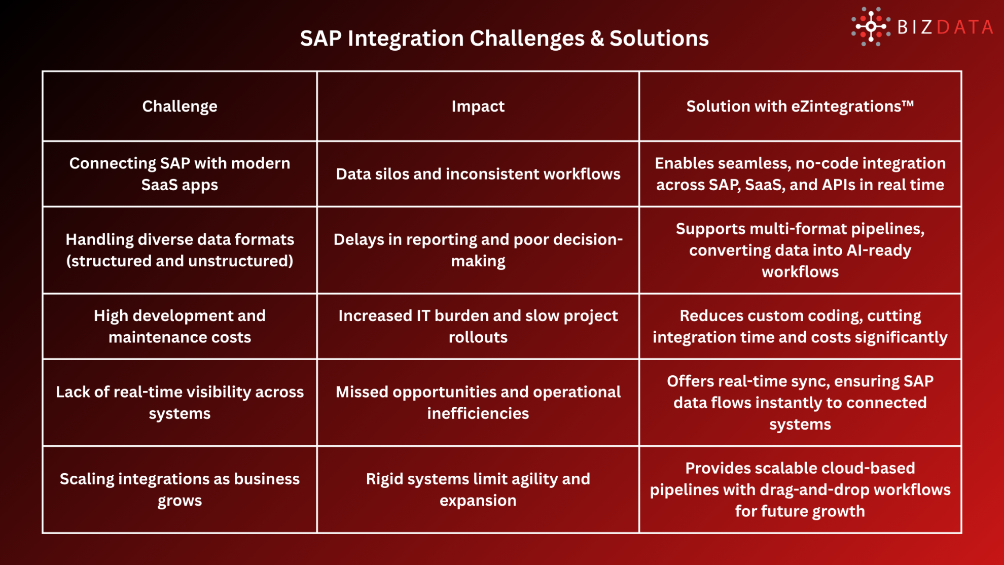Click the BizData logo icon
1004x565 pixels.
(871, 26)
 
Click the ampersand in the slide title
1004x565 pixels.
(597, 39)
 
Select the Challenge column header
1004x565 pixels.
(180, 106)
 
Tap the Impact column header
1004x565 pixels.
(478, 106)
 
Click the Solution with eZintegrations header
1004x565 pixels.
(800, 106)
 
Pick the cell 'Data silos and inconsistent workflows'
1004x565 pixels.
(478, 174)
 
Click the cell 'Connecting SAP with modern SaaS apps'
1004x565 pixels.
(180, 174)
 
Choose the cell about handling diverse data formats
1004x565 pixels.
(180, 250)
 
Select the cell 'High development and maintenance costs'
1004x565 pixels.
(180, 326)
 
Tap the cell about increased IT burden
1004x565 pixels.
(478, 326)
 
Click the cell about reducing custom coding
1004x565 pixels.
(800, 326)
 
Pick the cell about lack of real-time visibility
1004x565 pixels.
(180, 402)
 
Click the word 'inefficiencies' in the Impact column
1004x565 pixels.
(478, 413)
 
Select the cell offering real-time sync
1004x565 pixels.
(800, 402)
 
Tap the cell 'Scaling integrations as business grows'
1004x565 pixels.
(180, 489)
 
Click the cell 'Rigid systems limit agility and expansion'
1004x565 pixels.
(478, 489)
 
